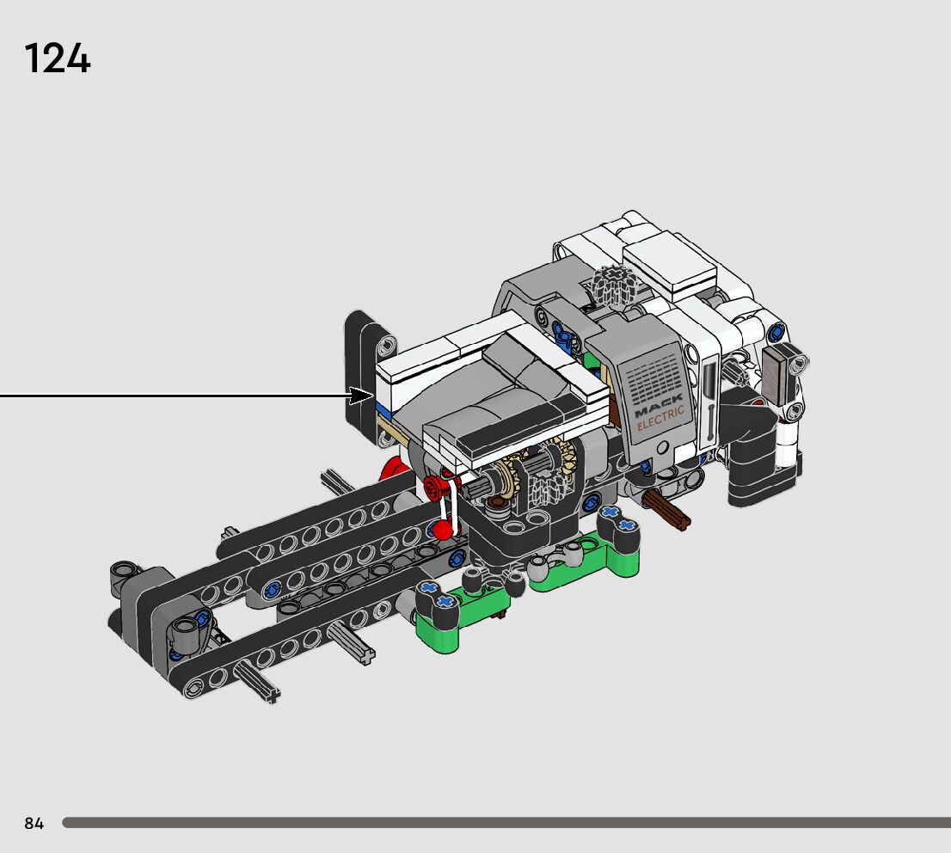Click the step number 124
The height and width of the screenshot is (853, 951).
pos(58,58)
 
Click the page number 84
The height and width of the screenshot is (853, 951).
pos(34,823)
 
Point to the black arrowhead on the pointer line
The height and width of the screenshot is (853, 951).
pos(361,396)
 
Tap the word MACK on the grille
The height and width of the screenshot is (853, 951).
pos(658,405)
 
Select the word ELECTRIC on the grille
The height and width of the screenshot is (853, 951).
pos(660,419)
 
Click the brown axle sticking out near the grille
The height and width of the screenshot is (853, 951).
pos(667,510)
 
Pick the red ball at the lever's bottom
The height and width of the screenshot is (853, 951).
pos(444,531)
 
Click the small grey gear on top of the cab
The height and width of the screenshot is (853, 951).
pos(613,285)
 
